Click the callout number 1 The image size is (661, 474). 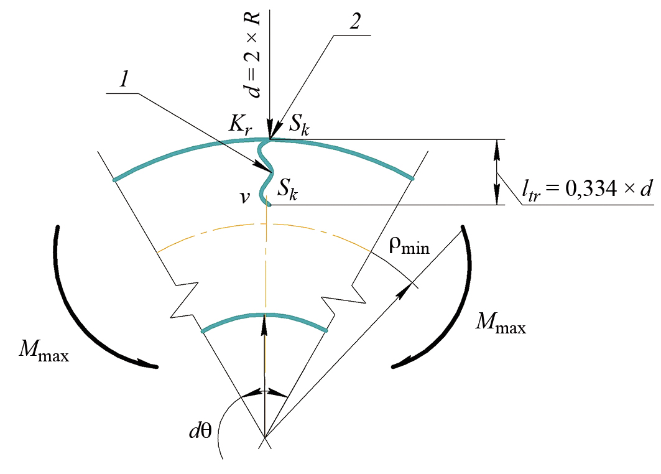click(x=124, y=78)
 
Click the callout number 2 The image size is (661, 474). click(x=355, y=21)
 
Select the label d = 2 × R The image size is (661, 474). click(x=254, y=55)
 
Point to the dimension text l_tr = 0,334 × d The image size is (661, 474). click(x=587, y=189)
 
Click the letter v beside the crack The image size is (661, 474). click(x=245, y=197)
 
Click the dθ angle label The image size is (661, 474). click(x=200, y=431)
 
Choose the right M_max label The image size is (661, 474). click(x=501, y=323)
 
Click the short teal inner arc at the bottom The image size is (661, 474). click(x=264, y=315)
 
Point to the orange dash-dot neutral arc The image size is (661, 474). click(x=264, y=225)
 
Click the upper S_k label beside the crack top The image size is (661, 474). click(x=299, y=125)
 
